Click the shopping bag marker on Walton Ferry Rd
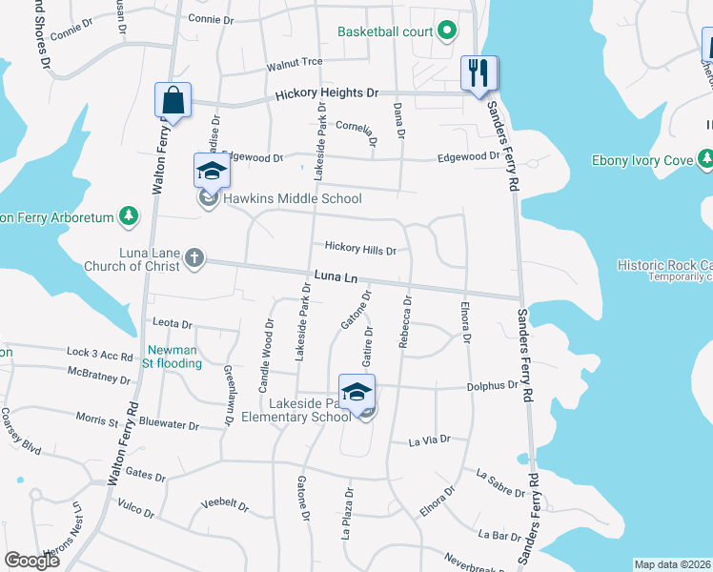click(x=173, y=100)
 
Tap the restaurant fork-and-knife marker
click(x=479, y=73)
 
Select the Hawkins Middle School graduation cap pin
click(x=212, y=173)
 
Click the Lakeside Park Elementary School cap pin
click(x=356, y=393)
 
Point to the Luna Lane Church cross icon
click(x=194, y=258)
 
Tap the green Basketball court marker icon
click(x=446, y=31)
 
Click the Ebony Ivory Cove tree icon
click(x=705, y=159)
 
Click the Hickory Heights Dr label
click(x=327, y=95)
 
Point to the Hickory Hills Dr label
click(x=360, y=249)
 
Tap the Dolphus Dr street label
click(x=491, y=387)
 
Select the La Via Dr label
click(x=429, y=440)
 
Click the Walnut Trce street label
click(x=295, y=64)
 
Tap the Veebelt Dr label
click(x=225, y=504)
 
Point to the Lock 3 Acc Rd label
click(x=100, y=354)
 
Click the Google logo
click(x=31, y=561)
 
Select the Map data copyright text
click(x=672, y=564)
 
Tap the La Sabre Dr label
click(x=500, y=483)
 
